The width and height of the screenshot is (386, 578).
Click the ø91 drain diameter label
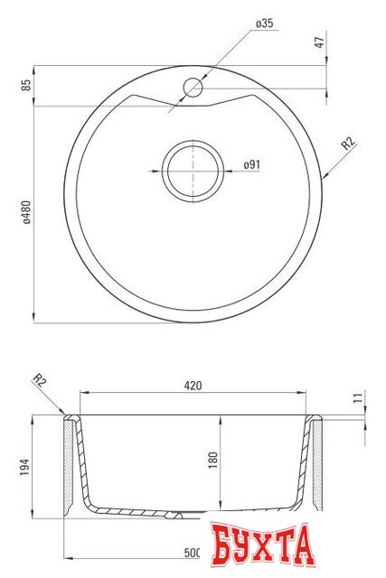coord(252,164)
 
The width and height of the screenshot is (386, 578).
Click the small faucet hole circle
coord(193,88)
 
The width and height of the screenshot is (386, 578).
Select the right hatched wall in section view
coord(316,465)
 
